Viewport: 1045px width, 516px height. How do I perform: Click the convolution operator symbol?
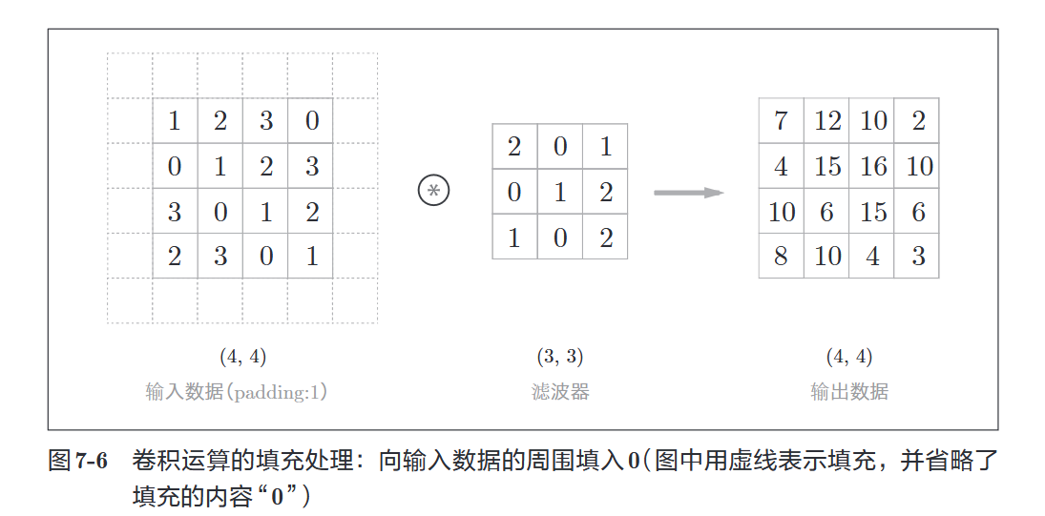point(433,191)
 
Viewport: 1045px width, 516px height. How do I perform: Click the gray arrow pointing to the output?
point(688,193)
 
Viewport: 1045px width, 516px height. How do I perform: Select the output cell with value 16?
point(872,166)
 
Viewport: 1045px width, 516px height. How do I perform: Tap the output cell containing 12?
point(826,121)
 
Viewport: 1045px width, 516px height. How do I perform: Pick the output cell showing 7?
point(781,121)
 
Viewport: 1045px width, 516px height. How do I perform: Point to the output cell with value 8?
point(781,256)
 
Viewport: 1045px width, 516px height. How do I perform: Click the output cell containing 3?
point(917,256)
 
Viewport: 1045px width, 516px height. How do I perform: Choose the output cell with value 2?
point(917,121)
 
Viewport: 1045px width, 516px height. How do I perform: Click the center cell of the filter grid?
point(560,192)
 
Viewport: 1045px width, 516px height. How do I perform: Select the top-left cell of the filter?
point(514,147)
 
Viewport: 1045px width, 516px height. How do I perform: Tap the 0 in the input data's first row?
point(311,121)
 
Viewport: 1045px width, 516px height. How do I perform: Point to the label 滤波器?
point(560,391)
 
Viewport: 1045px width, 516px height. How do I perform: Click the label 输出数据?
point(849,391)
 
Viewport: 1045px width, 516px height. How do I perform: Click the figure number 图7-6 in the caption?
point(77,463)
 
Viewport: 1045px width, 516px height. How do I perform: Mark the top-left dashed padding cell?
point(130,75)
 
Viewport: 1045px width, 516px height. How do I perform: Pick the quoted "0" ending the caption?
point(278,497)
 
